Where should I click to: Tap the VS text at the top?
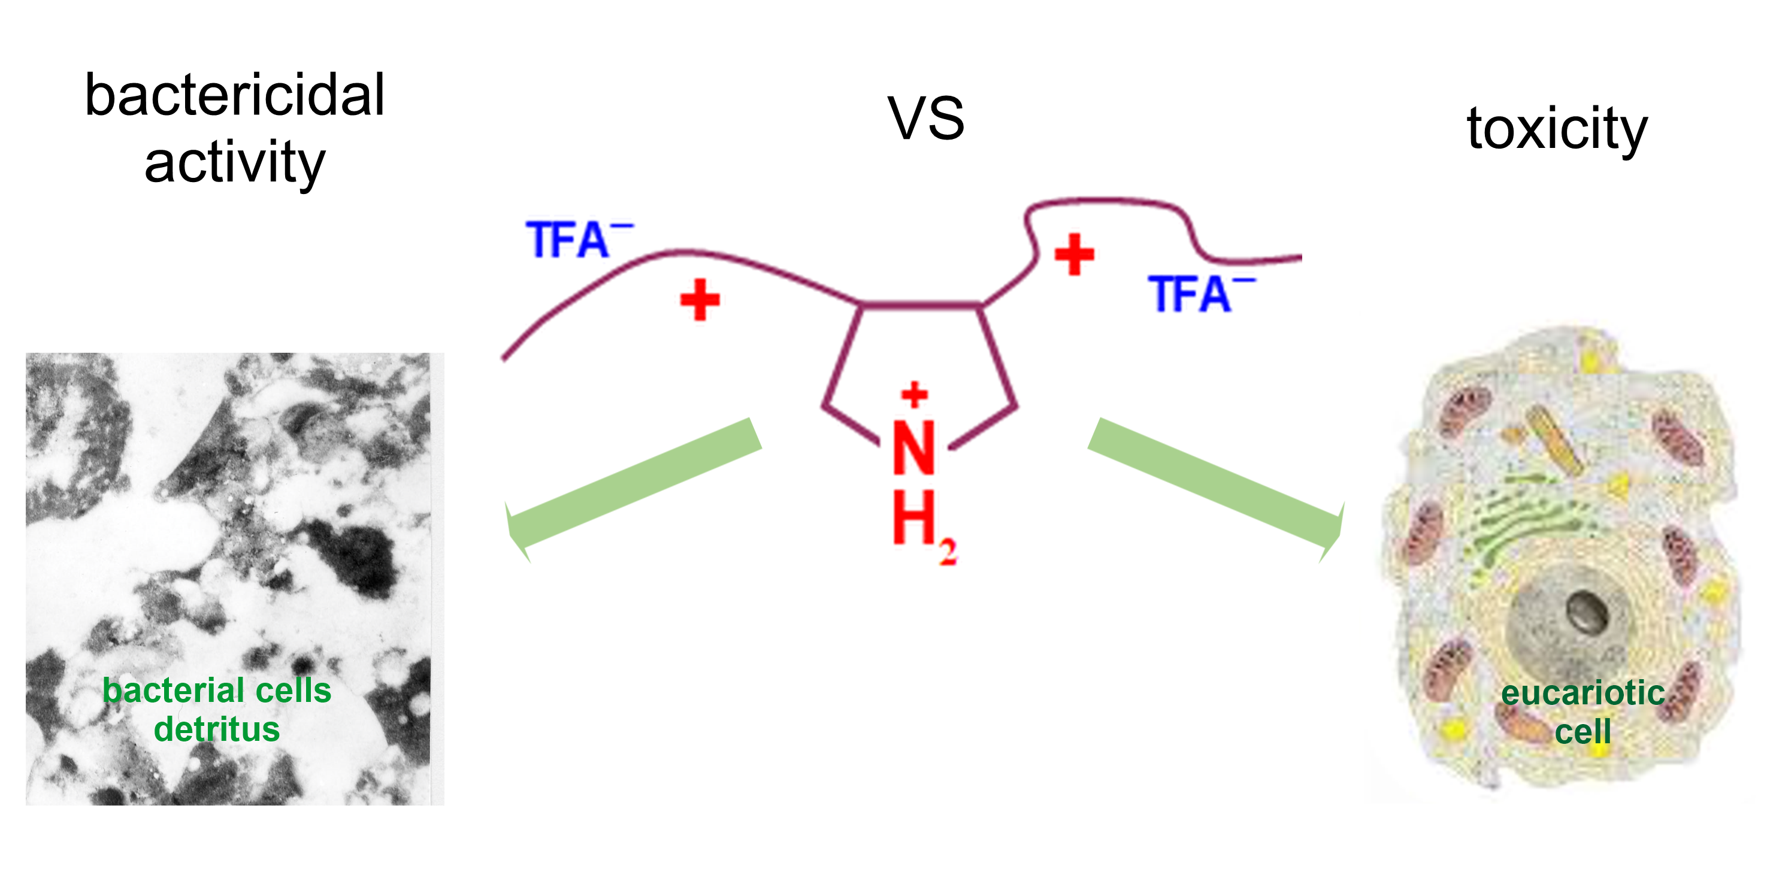pos(925,118)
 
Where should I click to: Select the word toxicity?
pos(1557,129)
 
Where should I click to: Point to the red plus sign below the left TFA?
pos(700,299)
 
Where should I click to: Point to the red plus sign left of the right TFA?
pos(1074,255)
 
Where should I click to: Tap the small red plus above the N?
pos(915,395)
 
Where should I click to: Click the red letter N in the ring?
pos(913,448)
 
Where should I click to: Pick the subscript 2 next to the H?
pos(948,552)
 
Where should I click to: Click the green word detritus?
pos(216,729)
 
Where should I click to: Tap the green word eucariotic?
pos(1583,693)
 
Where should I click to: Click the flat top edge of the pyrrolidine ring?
pos(920,304)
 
